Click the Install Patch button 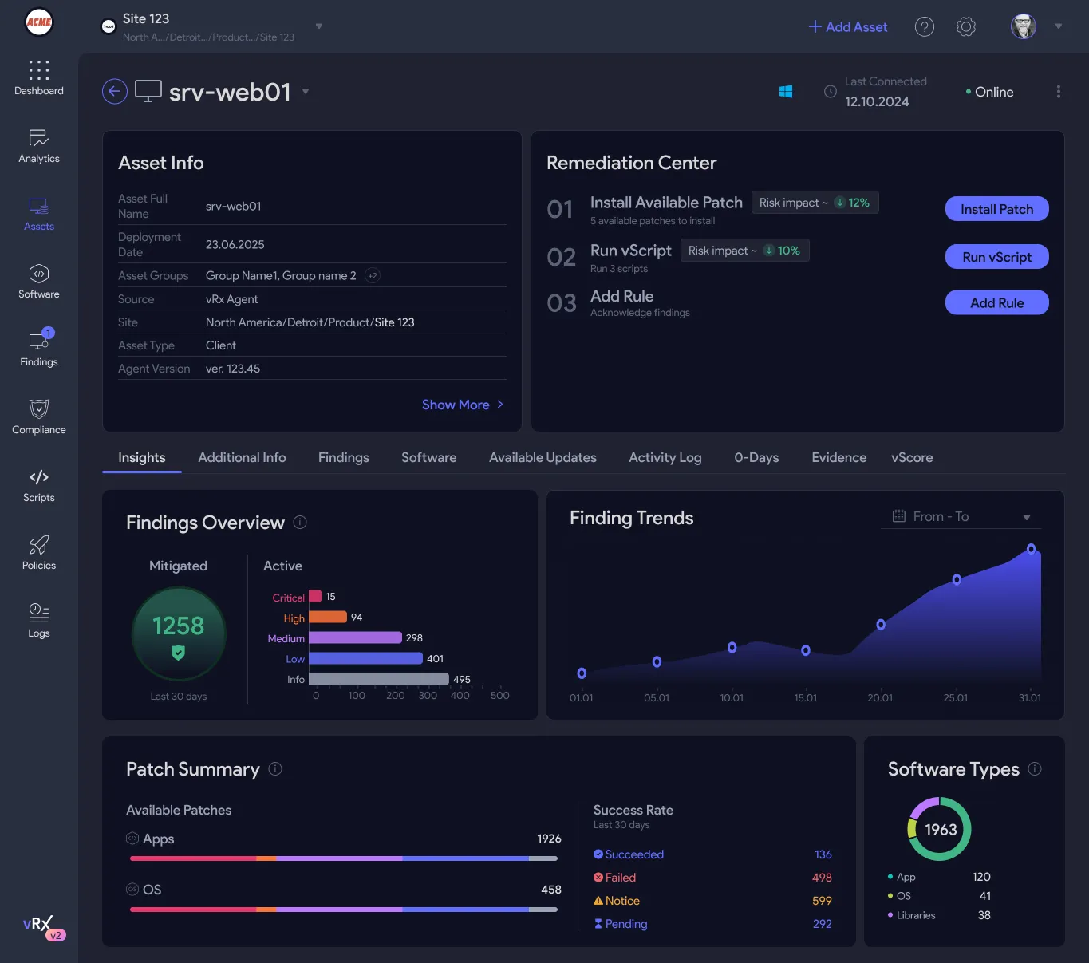pyautogui.click(x=996, y=208)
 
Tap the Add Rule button pyautogui.click(x=996, y=302)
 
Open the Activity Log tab pyautogui.click(x=665, y=458)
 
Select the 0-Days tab pyautogui.click(x=756, y=458)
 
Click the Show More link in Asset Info pyautogui.click(x=462, y=405)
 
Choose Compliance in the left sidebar pyautogui.click(x=39, y=416)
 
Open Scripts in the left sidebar pyautogui.click(x=39, y=486)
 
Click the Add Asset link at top pyautogui.click(x=847, y=27)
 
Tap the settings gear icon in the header pyautogui.click(x=966, y=26)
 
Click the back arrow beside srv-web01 pyautogui.click(x=115, y=92)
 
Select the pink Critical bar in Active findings pyautogui.click(x=315, y=596)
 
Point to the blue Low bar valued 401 pyautogui.click(x=365, y=658)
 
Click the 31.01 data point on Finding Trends pyautogui.click(x=1031, y=549)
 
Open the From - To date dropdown pyautogui.click(x=961, y=517)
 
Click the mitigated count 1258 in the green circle pyautogui.click(x=178, y=626)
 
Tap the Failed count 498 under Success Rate pyautogui.click(x=822, y=878)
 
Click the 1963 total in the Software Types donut pyautogui.click(x=941, y=829)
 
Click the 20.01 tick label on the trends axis pyautogui.click(x=880, y=698)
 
